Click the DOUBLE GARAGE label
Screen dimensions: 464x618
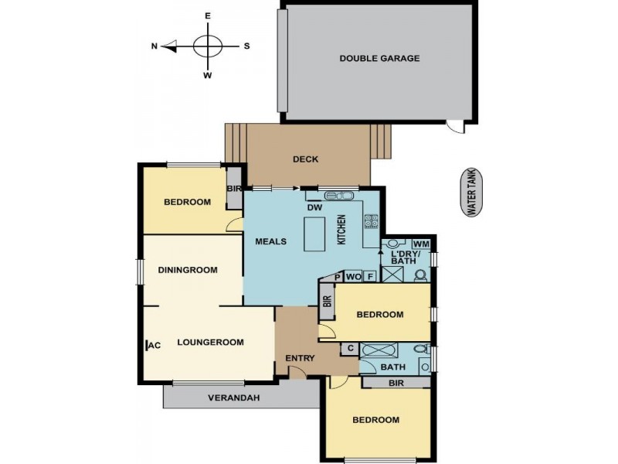(379, 58)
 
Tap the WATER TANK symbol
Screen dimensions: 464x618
(470, 194)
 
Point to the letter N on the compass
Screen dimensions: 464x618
(154, 46)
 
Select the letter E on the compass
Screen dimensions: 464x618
(207, 15)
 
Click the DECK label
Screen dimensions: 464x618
(305, 160)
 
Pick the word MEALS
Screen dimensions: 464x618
(271, 241)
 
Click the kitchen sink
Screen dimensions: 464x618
(338, 196)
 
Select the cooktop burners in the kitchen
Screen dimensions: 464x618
(370, 222)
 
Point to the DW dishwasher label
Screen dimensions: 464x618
(314, 208)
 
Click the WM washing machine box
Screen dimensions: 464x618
(421, 244)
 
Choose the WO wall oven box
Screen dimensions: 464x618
(353, 276)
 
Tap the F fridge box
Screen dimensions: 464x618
(370, 276)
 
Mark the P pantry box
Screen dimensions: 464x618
(338, 276)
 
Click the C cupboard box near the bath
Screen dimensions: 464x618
(350, 349)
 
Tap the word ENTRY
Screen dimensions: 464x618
(299, 358)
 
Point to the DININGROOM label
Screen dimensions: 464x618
(188, 271)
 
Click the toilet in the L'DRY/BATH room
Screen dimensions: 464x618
(420, 274)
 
